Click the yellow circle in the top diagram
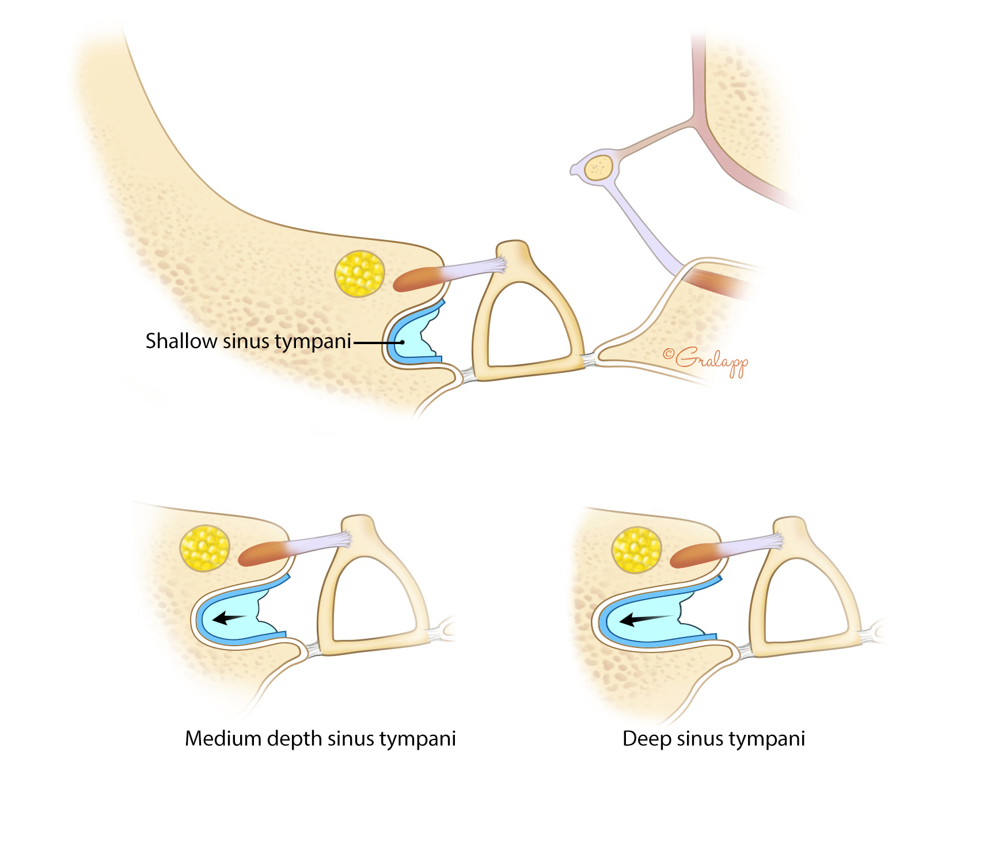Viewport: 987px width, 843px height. click(x=360, y=274)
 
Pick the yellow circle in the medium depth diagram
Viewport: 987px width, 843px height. click(x=205, y=548)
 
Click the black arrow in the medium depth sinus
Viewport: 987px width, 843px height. click(x=229, y=619)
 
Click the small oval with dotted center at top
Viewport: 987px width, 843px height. click(x=599, y=168)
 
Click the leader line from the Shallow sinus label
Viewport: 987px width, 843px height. click(x=377, y=342)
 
